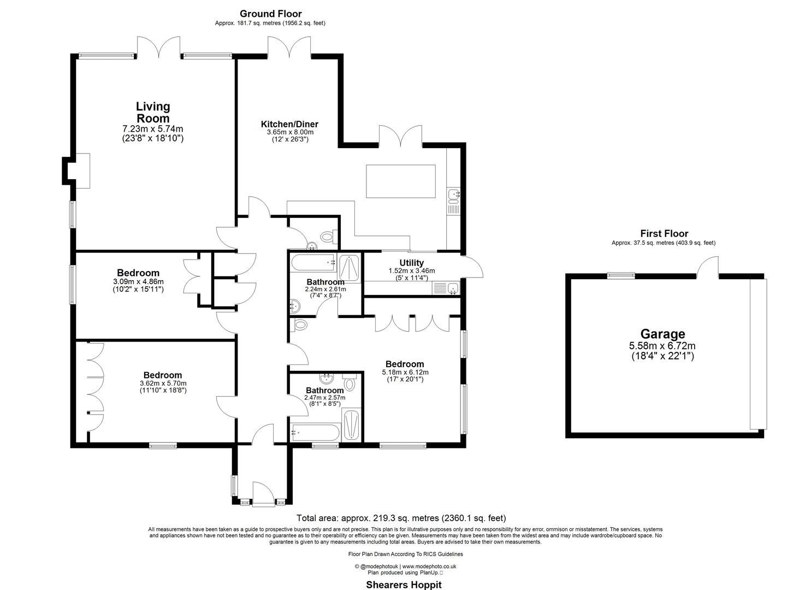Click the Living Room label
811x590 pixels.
153,112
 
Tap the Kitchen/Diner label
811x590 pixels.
289,124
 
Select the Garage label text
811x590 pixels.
662,334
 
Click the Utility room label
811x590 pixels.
411,263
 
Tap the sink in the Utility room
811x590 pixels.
452,288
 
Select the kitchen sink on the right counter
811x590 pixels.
454,194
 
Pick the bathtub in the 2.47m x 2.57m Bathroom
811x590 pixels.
316,432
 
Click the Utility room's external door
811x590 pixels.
473,266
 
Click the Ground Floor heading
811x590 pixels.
271,14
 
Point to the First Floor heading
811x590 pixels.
664,233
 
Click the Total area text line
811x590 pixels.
401,518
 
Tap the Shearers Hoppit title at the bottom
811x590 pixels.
403,585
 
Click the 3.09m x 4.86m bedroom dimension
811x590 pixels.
138,282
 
